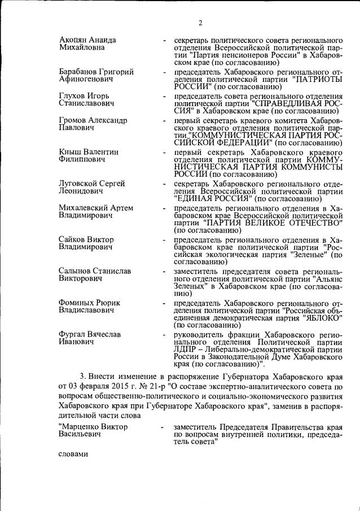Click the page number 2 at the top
[x=200, y=23]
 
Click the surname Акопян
[x=76, y=40]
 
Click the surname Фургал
[x=74, y=334]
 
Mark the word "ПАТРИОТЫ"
[x=317, y=80]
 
